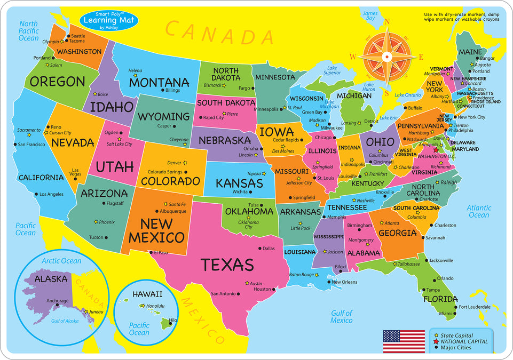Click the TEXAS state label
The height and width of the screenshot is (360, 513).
click(x=227, y=265)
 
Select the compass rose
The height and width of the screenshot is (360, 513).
click(x=387, y=55)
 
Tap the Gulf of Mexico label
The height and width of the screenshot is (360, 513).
click(x=341, y=317)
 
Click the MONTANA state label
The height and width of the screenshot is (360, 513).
click(x=159, y=83)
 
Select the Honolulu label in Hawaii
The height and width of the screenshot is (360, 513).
click(x=155, y=306)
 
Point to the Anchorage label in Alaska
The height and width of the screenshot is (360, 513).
click(x=57, y=301)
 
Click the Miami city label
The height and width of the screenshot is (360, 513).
click(x=445, y=314)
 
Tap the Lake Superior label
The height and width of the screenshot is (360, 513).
click(x=332, y=70)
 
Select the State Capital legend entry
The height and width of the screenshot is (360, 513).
click(x=457, y=335)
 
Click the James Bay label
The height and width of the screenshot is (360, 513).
click(x=369, y=15)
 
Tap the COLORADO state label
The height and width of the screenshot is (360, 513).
click(x=170, y=181)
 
